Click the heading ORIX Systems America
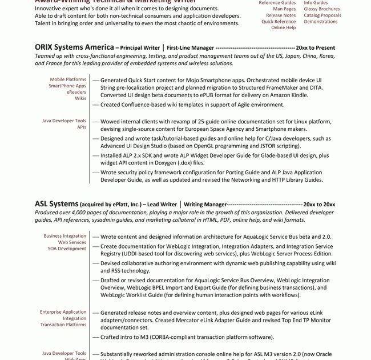click(x=74, y=47)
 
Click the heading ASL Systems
click(x=56, y=204)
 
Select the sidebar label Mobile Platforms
click(x=68, y=79)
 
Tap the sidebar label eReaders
click(x=76, y=92)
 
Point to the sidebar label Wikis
click(x=80, y=98)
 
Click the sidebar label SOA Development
click(x=67, y=249)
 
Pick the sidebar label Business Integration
click(x=65, y=236)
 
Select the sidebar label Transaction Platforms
click(x=63, y=325)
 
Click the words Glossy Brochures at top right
click(x=321, y=9)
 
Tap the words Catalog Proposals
click(x=322, y=15)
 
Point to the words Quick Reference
click(x=279, y=22)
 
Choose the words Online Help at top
click(x=283, y=27)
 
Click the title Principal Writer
click(x=139, y=48)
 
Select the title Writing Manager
click(x=205, y=205)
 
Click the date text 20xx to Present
click(x=315, y=48)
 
